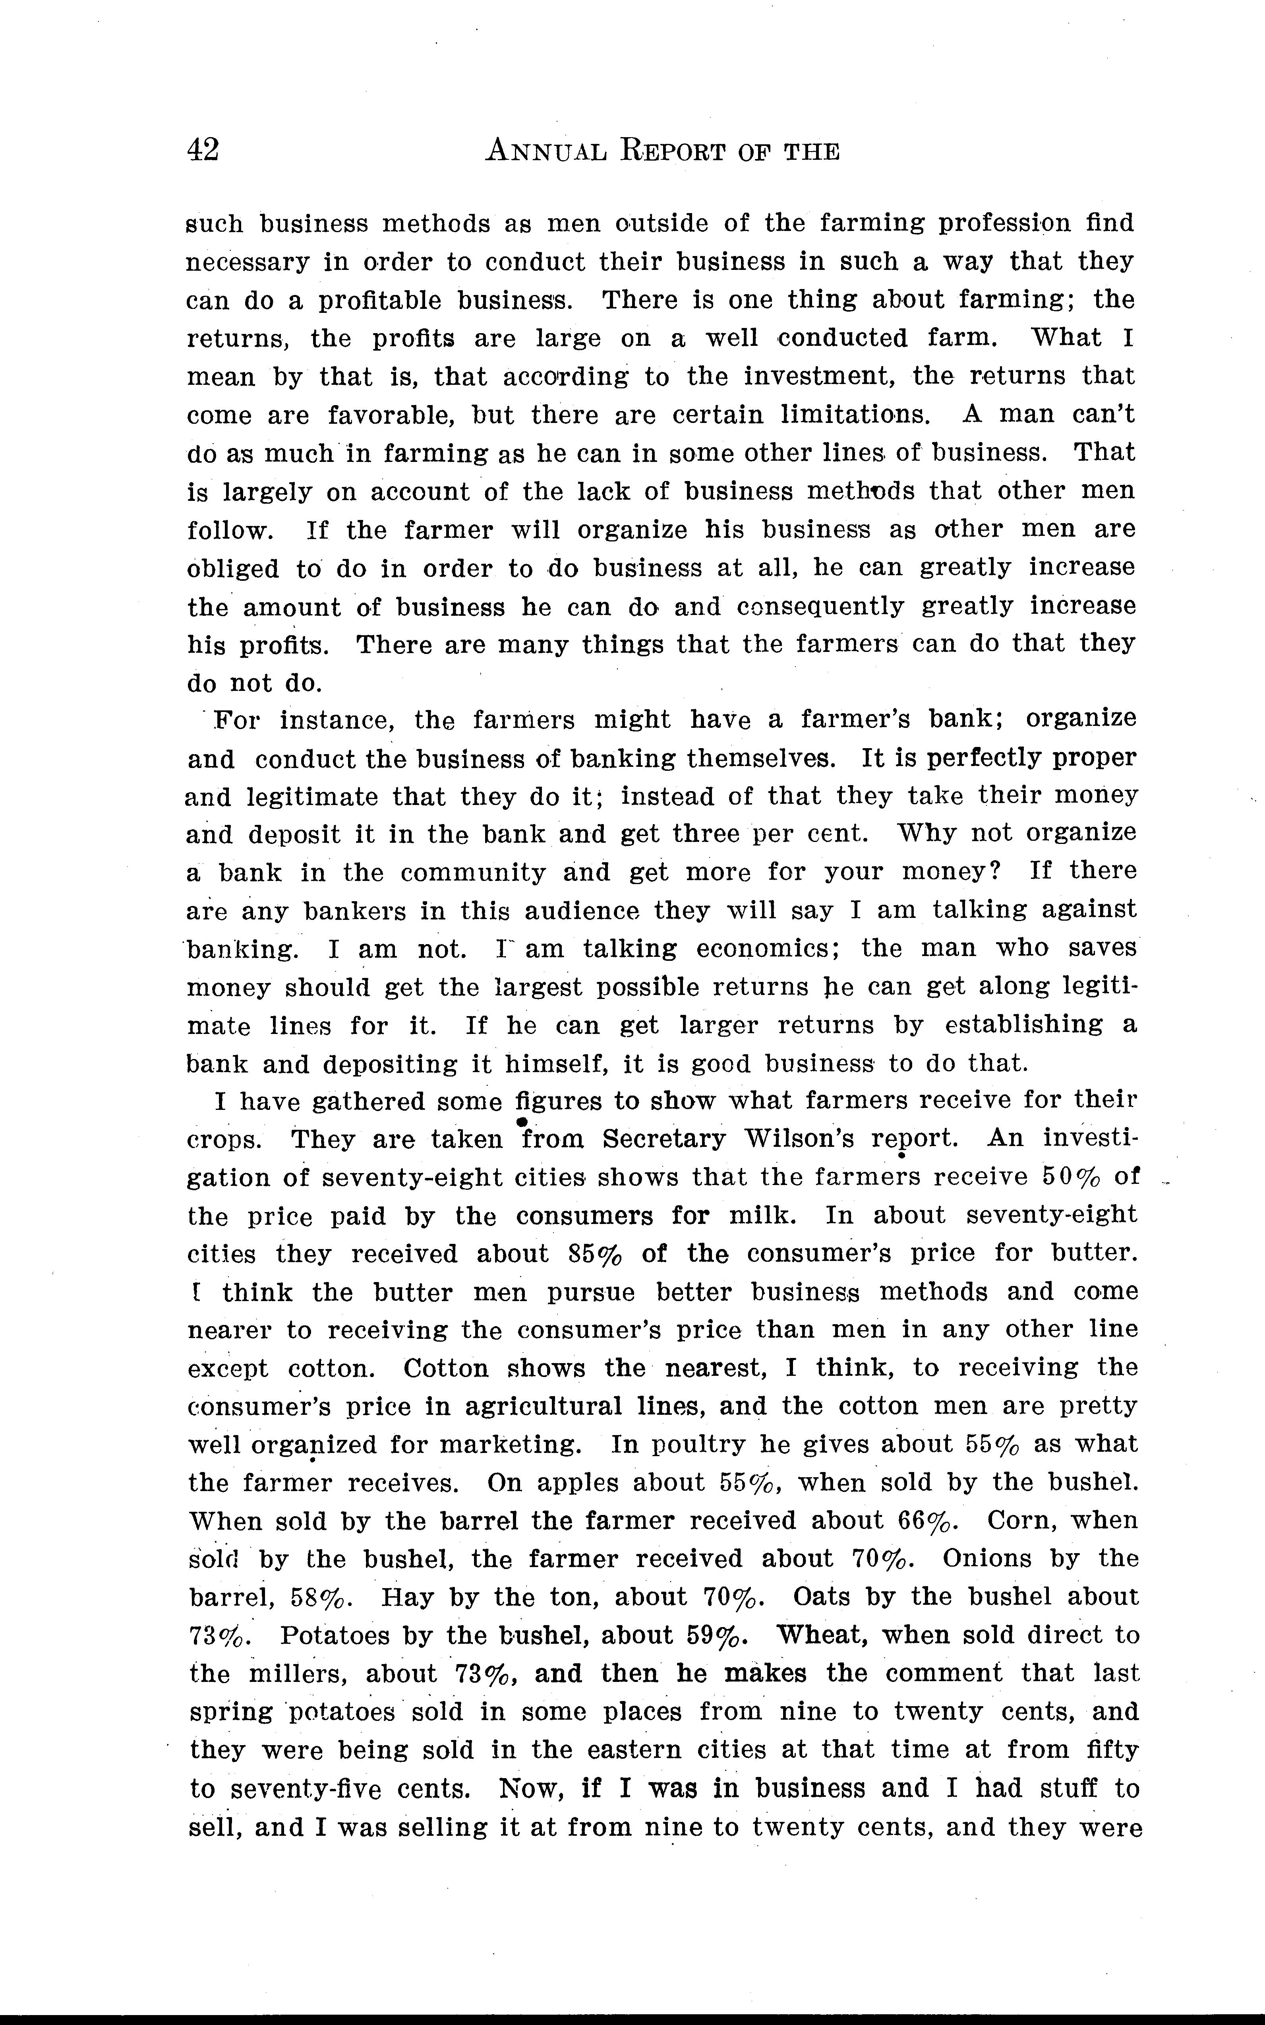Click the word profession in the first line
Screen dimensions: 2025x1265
tap(1004, 223)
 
